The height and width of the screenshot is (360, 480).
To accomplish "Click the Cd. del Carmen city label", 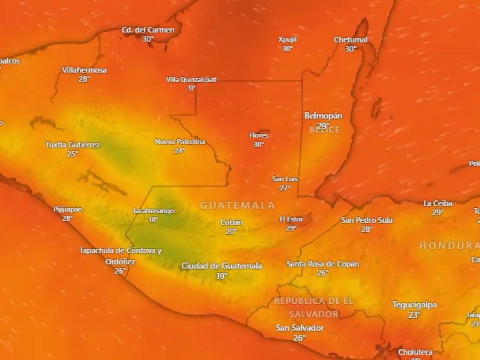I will click(148, 30).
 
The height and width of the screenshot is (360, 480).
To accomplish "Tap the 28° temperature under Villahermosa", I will click(84, 79).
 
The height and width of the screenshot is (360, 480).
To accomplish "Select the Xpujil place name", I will click(287, 39).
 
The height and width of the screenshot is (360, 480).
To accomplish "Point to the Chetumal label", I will click(350, 39).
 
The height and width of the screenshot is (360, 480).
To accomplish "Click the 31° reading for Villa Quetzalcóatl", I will click(191, 88).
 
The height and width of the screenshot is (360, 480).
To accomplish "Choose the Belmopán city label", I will click(324, 116).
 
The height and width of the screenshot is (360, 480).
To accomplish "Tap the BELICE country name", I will click(324, 130).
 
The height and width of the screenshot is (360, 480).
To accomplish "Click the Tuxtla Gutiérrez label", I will click(72, 144).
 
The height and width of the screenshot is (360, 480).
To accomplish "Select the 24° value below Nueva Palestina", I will click(180, 151).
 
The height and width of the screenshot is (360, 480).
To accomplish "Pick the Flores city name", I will click(259, 135).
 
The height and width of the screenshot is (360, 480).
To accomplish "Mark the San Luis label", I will click(285, 179).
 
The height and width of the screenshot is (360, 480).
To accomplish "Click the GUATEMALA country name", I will click(238, 205).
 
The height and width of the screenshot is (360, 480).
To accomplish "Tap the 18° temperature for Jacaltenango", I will click(153, 220).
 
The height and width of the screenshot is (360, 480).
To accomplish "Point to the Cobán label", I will click(231, 222).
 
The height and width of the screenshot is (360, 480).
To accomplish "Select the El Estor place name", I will click(291, 219).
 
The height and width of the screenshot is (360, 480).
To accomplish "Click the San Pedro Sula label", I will click(367, 220).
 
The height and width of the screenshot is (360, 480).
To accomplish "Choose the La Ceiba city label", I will click(438, 204).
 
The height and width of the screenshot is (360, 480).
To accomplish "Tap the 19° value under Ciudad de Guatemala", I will click(221, 276).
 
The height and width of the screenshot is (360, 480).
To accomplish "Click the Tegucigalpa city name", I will click(414, 305).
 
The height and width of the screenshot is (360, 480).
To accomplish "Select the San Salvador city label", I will click(300, 328).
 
